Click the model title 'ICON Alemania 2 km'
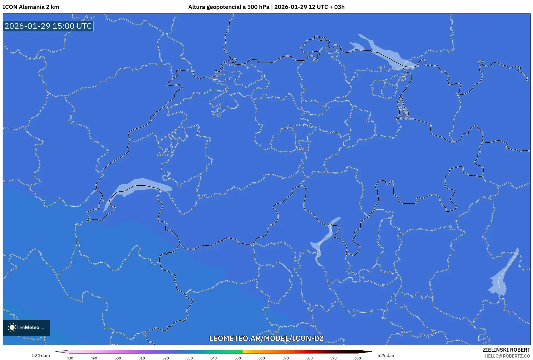tap(31, 7)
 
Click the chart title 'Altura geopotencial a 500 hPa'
tap(229, 7)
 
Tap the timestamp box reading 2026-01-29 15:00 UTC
tap(48, 26)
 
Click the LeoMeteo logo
tap(26, 327)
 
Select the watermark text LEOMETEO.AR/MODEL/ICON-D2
tap(266, 338)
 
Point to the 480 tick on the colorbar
tap(70, 358)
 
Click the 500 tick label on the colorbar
tap(118, 358)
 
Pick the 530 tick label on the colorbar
tap(190, 358)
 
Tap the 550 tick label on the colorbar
tap(238, 358)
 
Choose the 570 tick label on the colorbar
tap(286, 358)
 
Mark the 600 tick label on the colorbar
tap(357, 358)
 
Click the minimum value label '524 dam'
tap(41, 355)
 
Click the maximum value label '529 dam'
tap(386, 355)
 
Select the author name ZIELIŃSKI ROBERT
tap(506, 350)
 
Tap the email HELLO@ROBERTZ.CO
tap(507, 356)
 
